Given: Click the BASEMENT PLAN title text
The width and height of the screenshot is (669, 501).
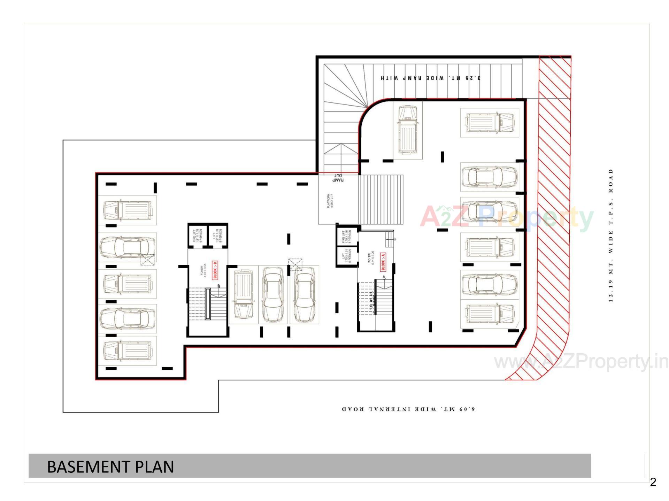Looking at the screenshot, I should coord(110,467).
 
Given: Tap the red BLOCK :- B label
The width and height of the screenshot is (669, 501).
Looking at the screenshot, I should coord(215,270).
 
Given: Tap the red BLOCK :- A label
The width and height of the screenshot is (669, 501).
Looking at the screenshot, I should coord(383,262).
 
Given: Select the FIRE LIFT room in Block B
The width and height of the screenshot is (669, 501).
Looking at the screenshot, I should coord(197,236).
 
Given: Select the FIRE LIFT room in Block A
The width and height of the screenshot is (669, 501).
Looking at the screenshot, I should coord(346,236).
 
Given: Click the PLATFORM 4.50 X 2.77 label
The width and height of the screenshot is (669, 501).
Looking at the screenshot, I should coord(330,201).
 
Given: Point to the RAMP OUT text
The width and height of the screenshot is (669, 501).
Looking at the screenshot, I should coord(338,178).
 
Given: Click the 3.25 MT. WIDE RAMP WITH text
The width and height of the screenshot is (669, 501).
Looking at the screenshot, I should coord(431,78).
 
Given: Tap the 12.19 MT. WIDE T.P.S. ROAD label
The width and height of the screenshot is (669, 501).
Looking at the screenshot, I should coord(610,235).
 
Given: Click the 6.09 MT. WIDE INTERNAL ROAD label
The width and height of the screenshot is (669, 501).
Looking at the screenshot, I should coord(408,409).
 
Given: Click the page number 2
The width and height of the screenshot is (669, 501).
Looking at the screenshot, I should coord(653,482).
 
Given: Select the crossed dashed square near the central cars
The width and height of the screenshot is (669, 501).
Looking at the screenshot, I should coord(295,265).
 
